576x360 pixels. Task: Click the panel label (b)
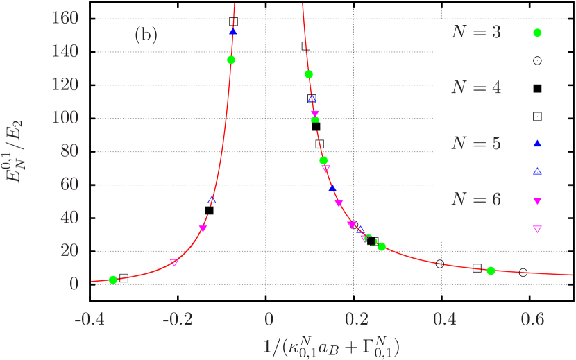point(146,35)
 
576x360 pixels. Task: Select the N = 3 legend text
point(475,33)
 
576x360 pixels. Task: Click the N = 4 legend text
point(475,88)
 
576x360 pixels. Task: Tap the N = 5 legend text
point(475,144)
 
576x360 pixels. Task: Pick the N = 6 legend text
point(475,200)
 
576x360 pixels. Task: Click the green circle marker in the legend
point(537,33)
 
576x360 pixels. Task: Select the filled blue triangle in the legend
point(537,144)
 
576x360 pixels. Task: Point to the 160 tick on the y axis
point(65,17)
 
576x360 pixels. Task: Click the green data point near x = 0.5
point(491,271)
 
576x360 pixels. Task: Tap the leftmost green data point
point(113,280)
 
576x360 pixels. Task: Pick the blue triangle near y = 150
point(233,31)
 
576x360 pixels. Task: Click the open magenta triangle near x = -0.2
point(174,262)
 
